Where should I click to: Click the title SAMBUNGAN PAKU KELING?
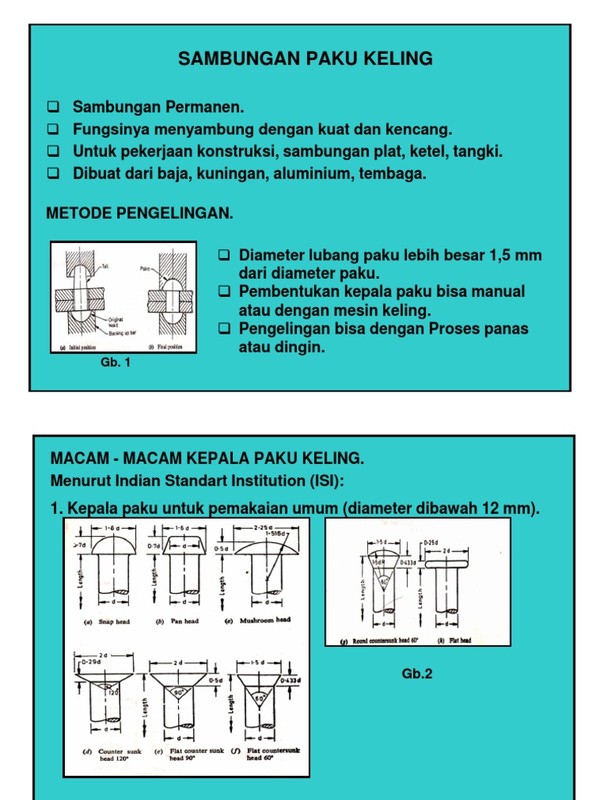point(305,59)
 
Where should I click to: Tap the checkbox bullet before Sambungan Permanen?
point(53,106)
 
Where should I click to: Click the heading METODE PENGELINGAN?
point(141,212)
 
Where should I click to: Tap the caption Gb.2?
point(417,673)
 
